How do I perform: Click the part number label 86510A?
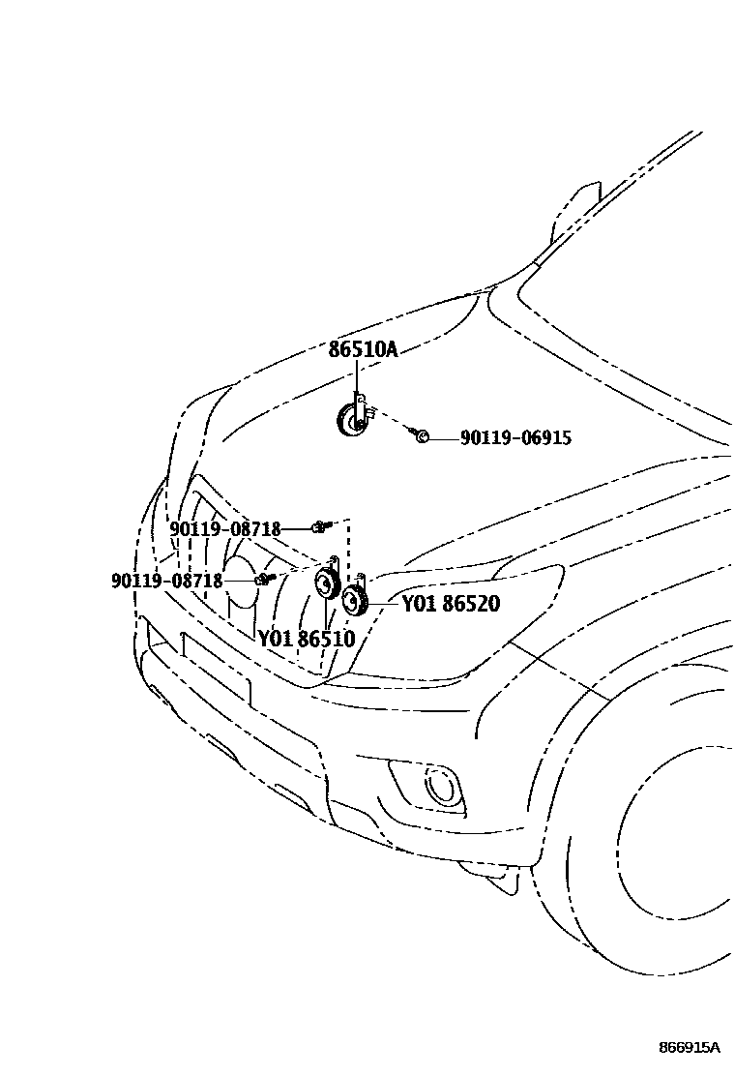point(363,349)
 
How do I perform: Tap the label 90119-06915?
point(515,438)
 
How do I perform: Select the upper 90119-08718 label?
point(225,529)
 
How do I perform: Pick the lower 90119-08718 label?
point(167,582)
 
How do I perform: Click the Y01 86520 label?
point(451,605)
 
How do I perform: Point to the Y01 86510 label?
point(306,639)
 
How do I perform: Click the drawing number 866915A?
point(690,1048)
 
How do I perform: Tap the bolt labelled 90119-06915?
point(421,437)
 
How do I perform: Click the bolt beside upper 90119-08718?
point(320,526)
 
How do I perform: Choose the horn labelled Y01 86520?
point(355,601)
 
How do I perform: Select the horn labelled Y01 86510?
point(326,585)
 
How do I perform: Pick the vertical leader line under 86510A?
point(356,377)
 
